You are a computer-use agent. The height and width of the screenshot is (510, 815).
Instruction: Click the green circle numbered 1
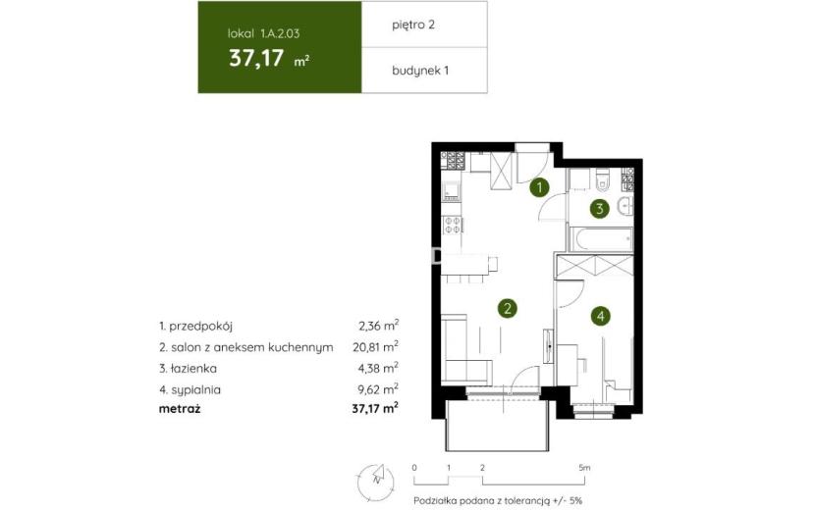point(539,187)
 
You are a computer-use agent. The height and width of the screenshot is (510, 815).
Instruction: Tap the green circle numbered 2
point(508,309)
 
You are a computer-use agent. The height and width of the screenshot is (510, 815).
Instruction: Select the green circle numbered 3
point(599,209)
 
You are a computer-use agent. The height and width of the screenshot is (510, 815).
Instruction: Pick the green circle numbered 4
point(601,316)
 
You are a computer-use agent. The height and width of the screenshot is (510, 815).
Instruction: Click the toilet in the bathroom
point(603,179)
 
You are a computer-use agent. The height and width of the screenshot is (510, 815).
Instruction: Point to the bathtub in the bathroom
point(601,239)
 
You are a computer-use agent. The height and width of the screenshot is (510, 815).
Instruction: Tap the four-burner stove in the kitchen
point(453,225)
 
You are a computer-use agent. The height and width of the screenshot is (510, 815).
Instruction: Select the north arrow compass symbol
point(376,482)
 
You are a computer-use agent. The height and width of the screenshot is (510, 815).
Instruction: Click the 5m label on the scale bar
point(584,468)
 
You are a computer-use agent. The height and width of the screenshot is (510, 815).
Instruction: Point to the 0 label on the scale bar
point(414,468)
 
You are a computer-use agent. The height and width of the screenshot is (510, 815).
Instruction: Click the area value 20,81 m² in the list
point(375,346)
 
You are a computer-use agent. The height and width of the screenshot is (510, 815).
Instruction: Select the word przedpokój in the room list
point(200,327)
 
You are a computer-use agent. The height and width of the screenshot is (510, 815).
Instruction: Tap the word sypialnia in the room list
point(195,389)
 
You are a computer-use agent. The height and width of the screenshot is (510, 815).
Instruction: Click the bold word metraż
point(180,409)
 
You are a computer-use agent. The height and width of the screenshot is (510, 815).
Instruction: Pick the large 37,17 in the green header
point(256,58)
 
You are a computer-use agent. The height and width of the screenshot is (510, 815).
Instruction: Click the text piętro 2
point(413,25)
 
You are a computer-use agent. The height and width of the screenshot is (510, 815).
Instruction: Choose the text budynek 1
point(420,70)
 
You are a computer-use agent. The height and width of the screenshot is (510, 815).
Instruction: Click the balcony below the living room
point(497,425)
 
